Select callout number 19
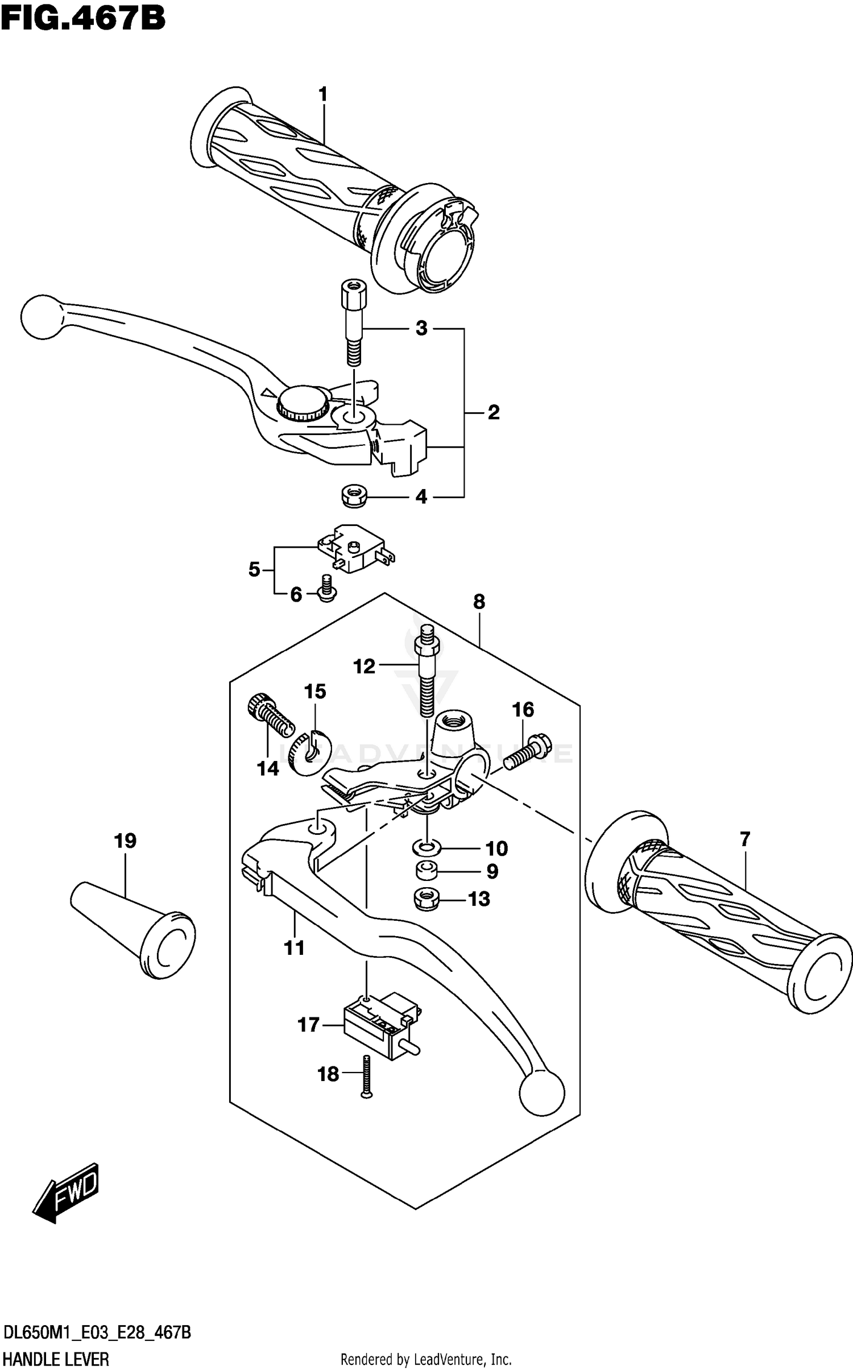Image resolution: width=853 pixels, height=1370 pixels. (x=125, y=841)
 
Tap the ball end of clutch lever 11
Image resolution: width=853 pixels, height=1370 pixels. (x=541, y=1092)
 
